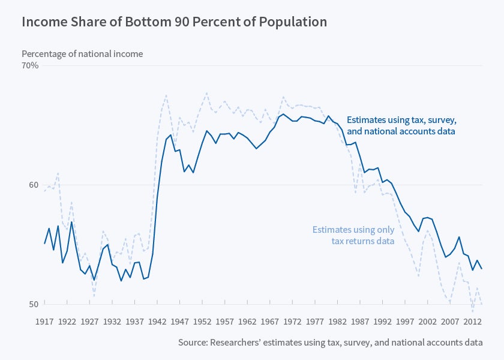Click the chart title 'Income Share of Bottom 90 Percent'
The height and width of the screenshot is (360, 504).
click(174, 22)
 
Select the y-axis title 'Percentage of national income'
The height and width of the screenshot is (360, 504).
click(82, 54)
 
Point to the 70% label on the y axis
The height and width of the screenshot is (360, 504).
click(31, 65)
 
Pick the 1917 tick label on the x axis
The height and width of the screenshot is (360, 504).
click(44, 322)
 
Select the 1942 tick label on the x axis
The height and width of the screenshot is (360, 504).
click(157, 322)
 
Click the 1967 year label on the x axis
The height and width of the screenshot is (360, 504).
click(269, 322)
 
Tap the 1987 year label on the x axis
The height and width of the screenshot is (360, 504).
click(359, 322)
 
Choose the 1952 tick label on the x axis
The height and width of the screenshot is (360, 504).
click(202, 322)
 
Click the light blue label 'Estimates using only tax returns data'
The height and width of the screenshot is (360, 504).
click(353, 235)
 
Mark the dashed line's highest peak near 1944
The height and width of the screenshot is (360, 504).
click(166, 95)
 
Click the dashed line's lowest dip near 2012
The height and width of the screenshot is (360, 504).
click(472, 312)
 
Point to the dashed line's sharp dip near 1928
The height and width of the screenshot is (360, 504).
click(94, 296)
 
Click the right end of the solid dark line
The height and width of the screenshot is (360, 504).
click(481, 269)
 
